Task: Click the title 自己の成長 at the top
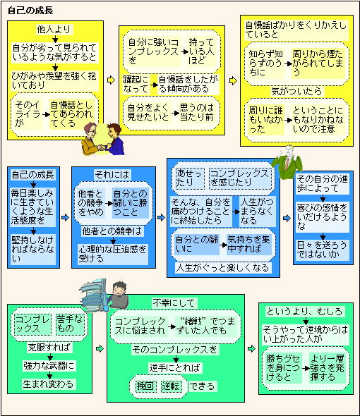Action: click(x=30, y=11)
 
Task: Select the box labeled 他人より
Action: click(x=54, y=29)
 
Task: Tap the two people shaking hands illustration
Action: click(x=103, y=139)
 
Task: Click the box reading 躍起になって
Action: click(x=136, y=85)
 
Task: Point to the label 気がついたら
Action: click(x=296, y=92)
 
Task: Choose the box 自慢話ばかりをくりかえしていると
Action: click(x=296, y=30)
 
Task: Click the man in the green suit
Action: click(x=287, y=162)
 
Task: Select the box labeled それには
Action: click(x=112, y=175)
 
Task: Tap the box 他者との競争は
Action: click(x=112, y=231)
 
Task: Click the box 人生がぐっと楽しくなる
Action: click(x=223, y=268)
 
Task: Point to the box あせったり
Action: click(x=189, y=178)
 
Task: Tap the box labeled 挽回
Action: click(x=145, y=386)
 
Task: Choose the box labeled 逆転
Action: click(x=171, y=386)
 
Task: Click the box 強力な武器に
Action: click(x=49, y=366)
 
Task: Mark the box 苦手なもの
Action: click(x=70, y=324)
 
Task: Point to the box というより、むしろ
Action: click(x=304, y=311)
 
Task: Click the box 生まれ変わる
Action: click(x=49, y=384)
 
